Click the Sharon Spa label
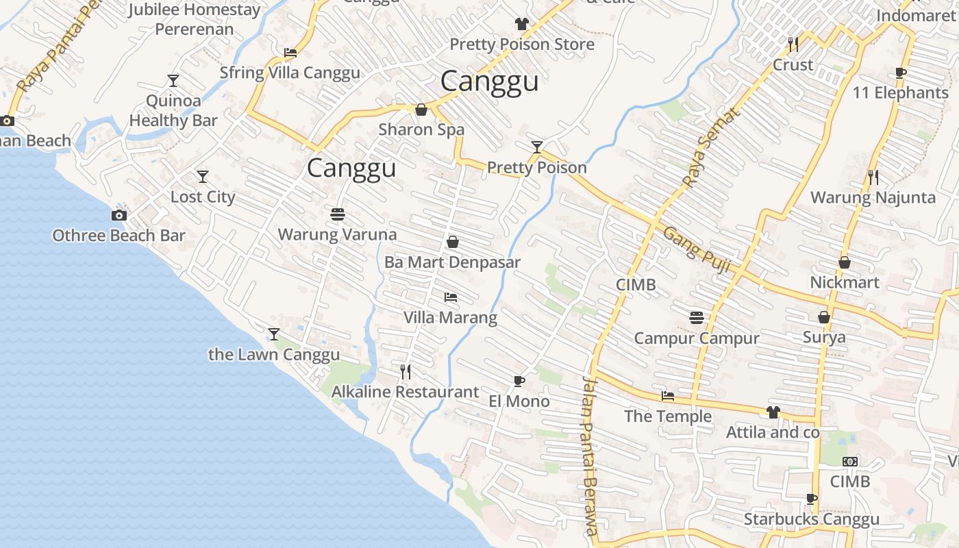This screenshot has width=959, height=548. [x=421, y=129]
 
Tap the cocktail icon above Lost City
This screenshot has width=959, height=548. [x=203, y=177]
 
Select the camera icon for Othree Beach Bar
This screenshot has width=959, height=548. [x=119, y=216]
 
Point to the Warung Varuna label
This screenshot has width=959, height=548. [x=337, y=234]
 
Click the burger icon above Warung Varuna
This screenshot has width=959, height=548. [x=337, y=214]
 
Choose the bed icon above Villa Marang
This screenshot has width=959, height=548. [x=451, y=297]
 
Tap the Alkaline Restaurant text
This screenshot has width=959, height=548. [x=405, y=392]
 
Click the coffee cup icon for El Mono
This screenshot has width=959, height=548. [x=519, y=381]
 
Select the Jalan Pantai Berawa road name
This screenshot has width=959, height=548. [x=590, y=455]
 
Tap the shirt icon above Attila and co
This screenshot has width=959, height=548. [x=773, y=412]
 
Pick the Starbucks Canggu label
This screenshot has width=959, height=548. [x=811, y=519]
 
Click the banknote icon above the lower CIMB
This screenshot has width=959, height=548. [x=850, y=462]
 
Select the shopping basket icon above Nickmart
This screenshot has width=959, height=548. [x=845, y=262]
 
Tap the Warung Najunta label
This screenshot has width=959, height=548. [x=873, y=198]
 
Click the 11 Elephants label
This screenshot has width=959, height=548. [x=900, y=92]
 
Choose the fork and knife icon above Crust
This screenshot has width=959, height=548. [x=793, y=45]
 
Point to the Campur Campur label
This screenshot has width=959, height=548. [x=697, y=338]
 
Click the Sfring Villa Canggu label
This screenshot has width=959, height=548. [x=290, y=73]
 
